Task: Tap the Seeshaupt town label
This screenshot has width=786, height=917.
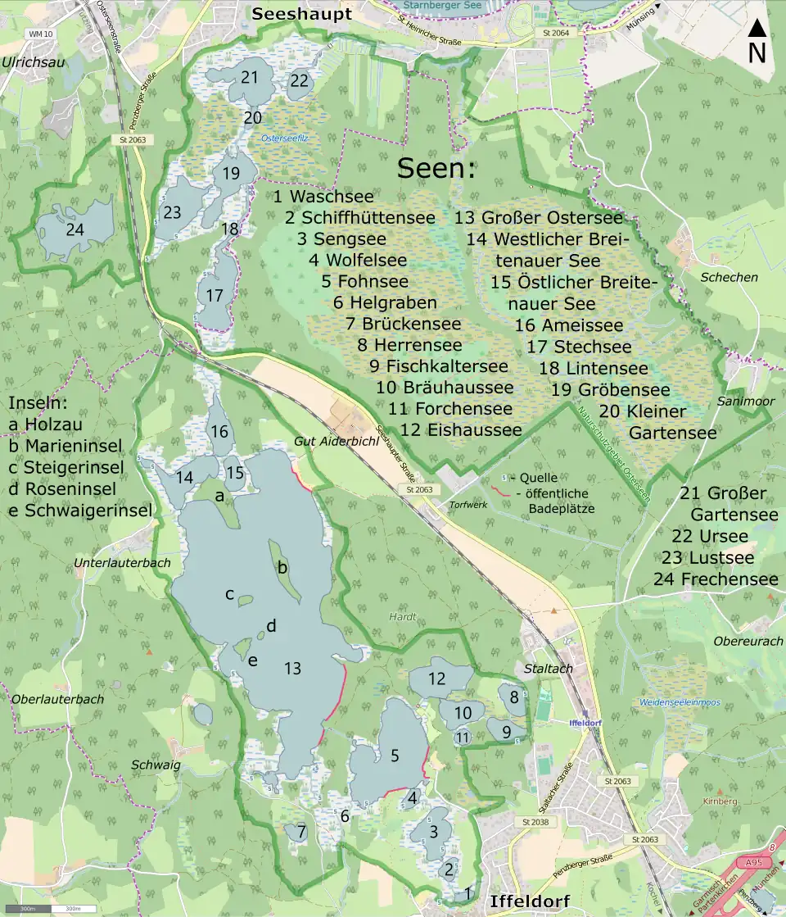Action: point(301,14)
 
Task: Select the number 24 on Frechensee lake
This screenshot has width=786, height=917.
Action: point(75,229)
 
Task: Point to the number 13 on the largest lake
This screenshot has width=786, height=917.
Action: point(292,669)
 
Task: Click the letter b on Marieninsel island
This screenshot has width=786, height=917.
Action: point(282,567)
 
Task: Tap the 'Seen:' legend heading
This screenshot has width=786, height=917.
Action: point(436,169)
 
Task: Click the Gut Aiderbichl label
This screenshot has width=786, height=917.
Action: point(329,442)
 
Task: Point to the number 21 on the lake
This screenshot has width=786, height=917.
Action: point(251,77)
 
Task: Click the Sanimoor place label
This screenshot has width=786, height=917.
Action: point(739,402)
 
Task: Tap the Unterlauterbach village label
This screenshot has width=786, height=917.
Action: point(122,563)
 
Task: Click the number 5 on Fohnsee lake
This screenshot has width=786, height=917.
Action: point(395,756)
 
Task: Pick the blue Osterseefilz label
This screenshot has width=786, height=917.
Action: point(284,138)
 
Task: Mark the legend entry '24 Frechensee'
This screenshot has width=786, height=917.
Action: point(716,579)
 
